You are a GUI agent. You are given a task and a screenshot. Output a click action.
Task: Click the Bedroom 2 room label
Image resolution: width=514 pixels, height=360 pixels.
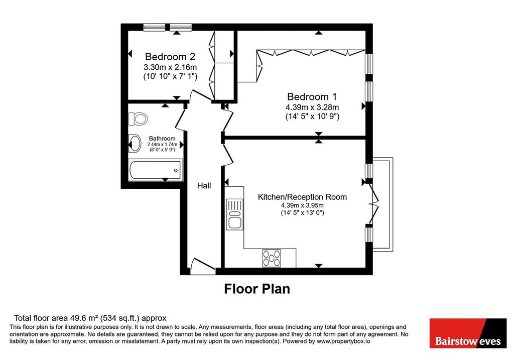170,57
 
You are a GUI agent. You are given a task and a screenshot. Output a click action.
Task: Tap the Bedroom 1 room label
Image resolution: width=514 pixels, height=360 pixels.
312,97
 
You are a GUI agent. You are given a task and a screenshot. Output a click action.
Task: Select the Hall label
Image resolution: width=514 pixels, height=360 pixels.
204,186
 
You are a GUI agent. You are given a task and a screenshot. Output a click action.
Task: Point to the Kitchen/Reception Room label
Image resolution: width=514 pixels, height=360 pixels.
302,197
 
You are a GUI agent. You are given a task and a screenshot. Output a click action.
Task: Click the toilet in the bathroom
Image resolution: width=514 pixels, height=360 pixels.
138,118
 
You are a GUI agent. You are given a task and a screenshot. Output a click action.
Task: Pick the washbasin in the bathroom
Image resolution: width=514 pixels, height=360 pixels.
135,143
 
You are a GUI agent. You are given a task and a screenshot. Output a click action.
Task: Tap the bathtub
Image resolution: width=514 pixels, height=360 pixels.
156,170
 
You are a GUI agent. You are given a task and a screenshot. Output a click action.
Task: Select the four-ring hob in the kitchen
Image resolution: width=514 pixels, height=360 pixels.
272,258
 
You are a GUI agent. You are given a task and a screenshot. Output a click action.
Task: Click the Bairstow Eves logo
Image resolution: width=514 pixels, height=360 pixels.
468,333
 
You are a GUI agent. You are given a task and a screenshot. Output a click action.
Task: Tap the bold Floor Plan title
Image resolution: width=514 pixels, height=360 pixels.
257,289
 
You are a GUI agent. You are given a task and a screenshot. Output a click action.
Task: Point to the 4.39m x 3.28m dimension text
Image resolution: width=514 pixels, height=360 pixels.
312,107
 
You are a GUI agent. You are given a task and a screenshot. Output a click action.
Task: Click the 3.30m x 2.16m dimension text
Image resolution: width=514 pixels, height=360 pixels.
170,68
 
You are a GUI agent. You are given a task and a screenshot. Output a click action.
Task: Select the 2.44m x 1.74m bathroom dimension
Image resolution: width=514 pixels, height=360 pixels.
162,144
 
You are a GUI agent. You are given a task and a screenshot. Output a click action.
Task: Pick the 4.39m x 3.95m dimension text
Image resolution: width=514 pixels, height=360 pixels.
302,205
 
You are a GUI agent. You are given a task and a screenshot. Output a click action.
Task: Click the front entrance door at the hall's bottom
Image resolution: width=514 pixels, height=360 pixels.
201,266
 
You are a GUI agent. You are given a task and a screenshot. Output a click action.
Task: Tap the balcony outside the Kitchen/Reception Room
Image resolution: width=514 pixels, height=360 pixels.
382,204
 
